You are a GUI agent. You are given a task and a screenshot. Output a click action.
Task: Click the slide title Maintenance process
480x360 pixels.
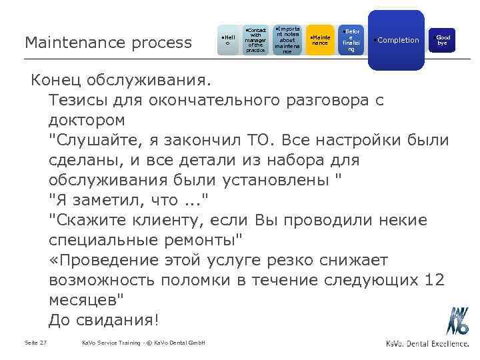(107, 43)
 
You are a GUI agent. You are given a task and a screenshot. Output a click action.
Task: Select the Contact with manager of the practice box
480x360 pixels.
(255, 41)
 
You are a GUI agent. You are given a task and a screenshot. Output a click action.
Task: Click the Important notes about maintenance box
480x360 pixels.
(287, 41)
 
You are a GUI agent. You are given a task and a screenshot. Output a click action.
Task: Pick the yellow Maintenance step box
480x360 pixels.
(321, 41)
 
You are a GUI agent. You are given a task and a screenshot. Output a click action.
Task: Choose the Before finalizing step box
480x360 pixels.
(351, 41)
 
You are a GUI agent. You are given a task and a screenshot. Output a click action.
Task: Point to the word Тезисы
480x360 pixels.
(77, 101)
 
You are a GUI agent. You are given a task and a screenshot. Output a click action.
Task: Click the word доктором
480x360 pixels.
(86, 121)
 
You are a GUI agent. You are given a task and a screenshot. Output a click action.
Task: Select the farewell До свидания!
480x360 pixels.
(104, 319)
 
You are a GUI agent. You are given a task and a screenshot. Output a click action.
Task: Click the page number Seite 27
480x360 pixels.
(35, 343)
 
